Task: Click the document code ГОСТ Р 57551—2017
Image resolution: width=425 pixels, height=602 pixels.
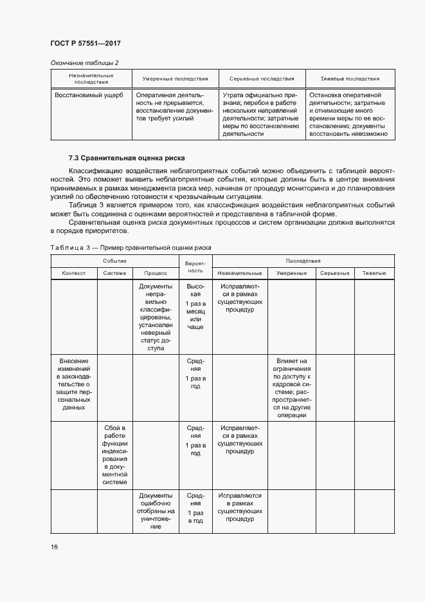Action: coord(86,43)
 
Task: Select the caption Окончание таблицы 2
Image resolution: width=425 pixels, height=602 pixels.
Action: coord(84,62)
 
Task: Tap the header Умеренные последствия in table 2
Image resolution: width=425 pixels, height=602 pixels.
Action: coord(170,79)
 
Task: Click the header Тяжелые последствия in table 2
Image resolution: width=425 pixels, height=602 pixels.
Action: coord(348,79)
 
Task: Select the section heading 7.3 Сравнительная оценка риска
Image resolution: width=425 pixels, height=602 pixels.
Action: coord(127,158)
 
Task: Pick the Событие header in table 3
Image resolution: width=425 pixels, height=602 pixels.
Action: coord(115,261)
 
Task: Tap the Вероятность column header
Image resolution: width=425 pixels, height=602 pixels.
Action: coord(195,267)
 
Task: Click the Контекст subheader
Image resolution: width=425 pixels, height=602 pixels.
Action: coord(74,274)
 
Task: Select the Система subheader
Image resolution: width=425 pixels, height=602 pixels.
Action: coord(115,274)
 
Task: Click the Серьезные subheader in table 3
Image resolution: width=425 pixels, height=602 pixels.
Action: coord(334,274)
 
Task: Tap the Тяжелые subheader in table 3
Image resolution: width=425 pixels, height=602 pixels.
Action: coord(374,274)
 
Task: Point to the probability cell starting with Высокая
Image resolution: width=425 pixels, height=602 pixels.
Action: coord(195,306)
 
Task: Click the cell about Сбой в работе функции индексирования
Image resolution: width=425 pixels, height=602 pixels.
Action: coord(115,455)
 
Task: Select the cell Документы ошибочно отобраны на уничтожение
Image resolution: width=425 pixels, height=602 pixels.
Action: coord(155,511)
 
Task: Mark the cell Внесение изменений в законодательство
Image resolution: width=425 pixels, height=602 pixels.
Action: coord(74,384)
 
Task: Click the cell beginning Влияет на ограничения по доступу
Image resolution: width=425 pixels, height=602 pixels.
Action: coord(291,388)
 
